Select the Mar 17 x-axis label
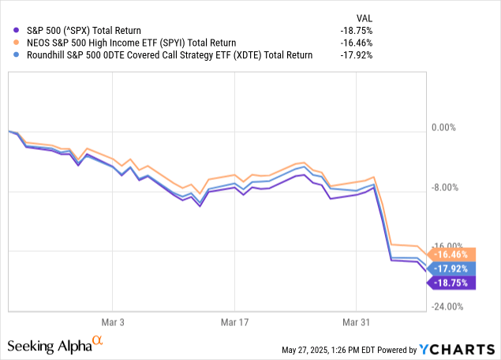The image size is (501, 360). click(234, 322)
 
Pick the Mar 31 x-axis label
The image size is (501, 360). click(356, 322)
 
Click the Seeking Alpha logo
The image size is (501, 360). click(55, 345)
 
